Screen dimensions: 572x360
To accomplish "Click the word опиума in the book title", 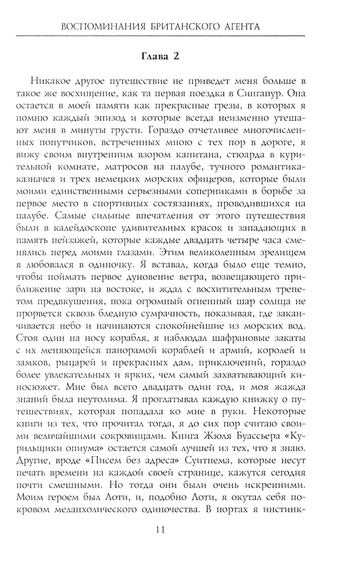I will click(82, 449).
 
